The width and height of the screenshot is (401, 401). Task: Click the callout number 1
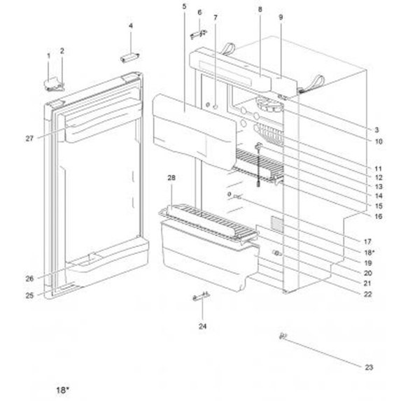48,55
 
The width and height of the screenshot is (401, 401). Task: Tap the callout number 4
130,27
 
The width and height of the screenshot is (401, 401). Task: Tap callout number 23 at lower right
370,366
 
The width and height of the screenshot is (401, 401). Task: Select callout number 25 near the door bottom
30,296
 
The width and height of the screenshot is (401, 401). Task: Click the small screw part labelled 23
284,336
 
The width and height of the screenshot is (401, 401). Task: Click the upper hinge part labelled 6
197,32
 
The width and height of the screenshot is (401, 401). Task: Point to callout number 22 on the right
367,295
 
